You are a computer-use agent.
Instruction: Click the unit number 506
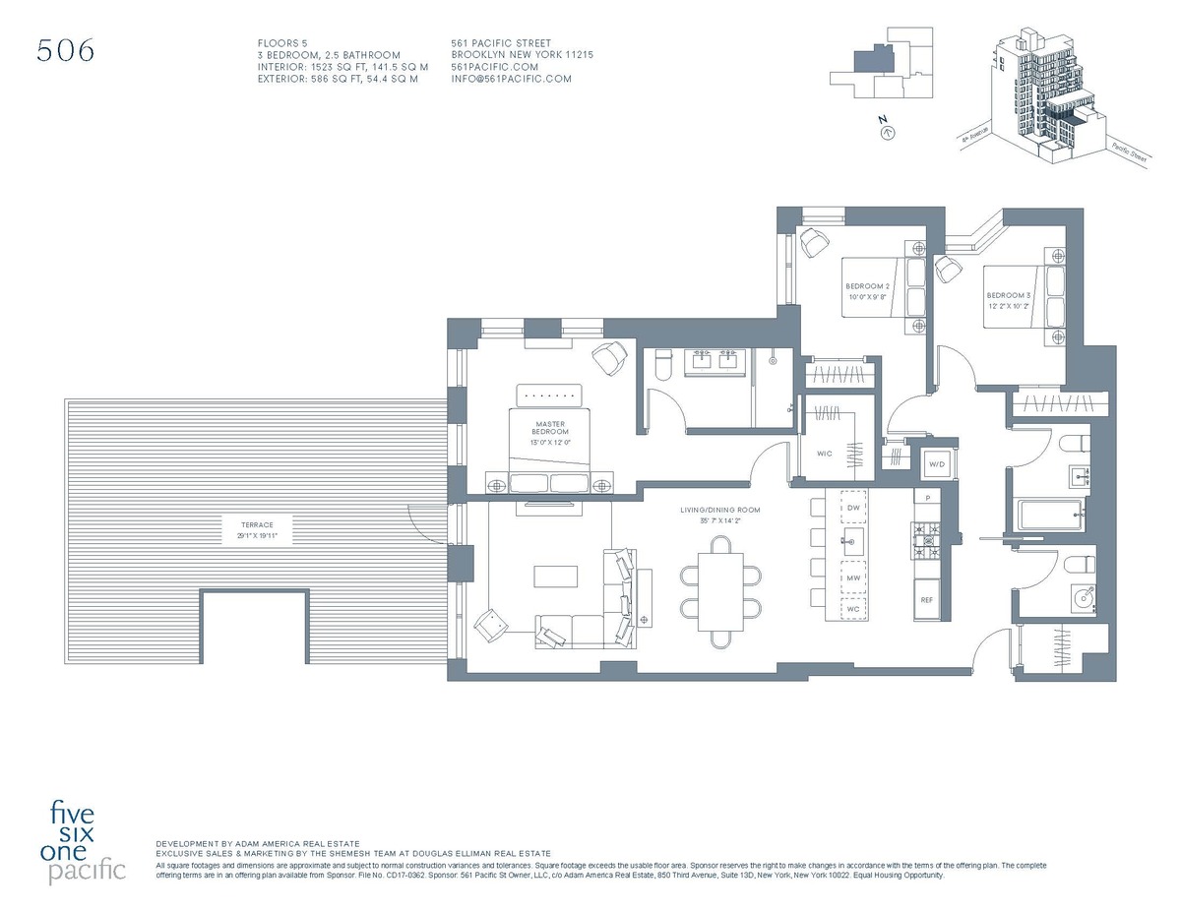click(x=66, y=51)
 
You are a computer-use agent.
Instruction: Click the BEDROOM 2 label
click(x=867, y=290)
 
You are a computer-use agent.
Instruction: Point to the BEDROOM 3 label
click(x=1008, y=300)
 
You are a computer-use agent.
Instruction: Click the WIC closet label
click(x=825, y=455)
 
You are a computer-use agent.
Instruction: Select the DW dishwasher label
click(x=853, y=508)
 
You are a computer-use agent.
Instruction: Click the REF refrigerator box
click(x=926, y=599)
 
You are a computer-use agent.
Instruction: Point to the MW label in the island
click(x=853, y=578)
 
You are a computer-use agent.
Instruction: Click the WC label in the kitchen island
click(x=853, y=609)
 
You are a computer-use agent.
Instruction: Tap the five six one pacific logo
click(x=88, y=842)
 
